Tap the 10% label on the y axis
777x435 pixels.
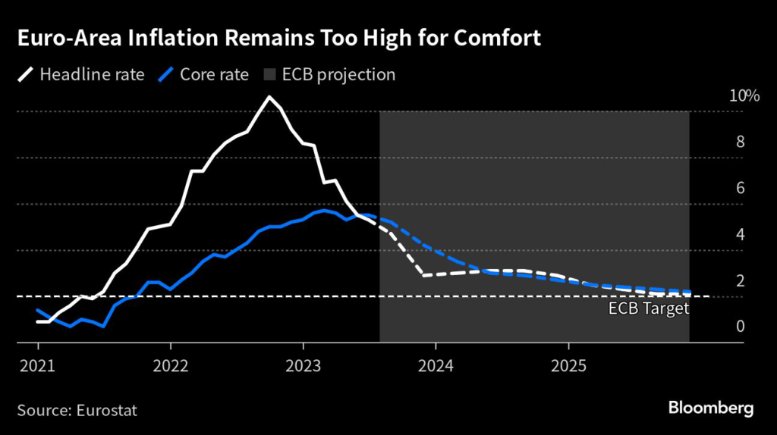coord(744,96)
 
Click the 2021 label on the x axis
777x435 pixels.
coord(38,365)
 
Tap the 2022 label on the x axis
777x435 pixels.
coord(171,365)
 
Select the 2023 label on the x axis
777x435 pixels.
coord(304,365)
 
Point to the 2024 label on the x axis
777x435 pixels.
coord(436,365)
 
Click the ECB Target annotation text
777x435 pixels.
coord(649,308)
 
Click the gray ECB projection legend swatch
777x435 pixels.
coord(269,75)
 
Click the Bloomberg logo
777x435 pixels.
coord(711,408)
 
